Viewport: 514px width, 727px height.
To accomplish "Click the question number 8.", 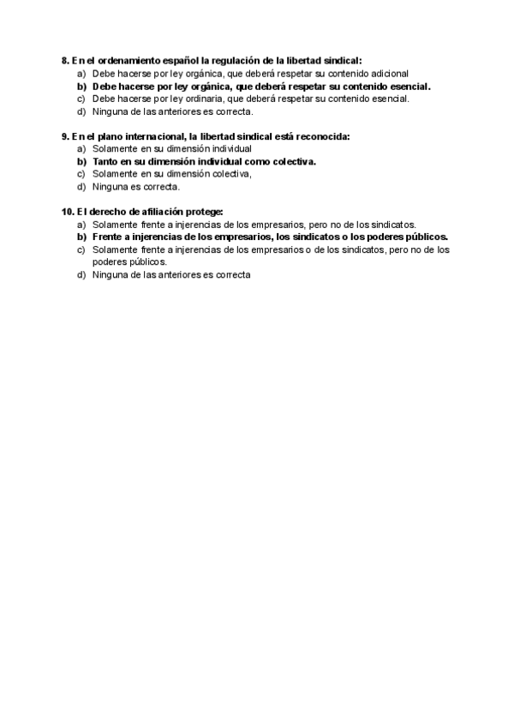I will [x=65, y=61].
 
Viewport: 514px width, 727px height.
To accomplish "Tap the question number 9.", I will [x=65, y=136].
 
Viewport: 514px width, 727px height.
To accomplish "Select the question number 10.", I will [x=67, y=212].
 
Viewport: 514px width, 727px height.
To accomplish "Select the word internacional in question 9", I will [x=155, y=136].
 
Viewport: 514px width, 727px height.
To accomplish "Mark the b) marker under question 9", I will [x=82, y=161].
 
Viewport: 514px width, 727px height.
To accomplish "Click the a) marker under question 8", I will [x=82, y=74].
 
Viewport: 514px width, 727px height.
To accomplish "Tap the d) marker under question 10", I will [x=82, y=275].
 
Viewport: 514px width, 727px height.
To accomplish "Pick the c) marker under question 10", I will [x=82, y=249].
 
